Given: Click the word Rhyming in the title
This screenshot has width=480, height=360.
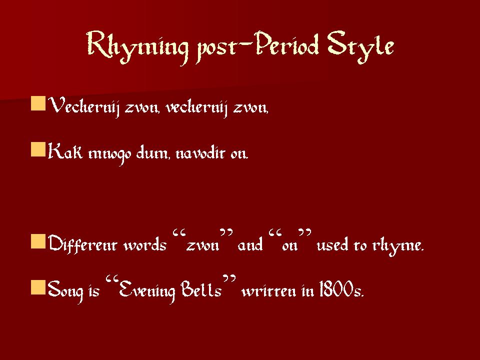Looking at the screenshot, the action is pyautogui.click(x=137, y=47).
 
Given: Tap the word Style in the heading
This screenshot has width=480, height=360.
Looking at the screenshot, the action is pyautogui.click(x=360, y=47).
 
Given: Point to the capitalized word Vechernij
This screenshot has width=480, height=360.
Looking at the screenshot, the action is pyautogui.click(x=84, y=106).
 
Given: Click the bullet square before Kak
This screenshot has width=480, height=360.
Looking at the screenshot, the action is pyautogui.click(x=38, y=149).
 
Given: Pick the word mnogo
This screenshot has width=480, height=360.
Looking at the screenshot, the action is pyautogui.click(x=109, y=154).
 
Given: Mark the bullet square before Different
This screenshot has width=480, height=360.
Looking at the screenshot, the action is pyautogui.click(x=38, y=241).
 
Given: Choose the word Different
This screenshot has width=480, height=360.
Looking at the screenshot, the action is pyautogui.click(x=82, y=244).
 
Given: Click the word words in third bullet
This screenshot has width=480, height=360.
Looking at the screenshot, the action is pyautogui.click(x=145, y=245).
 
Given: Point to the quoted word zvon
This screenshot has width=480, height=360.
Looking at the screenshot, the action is pyautogui.click(x=203, y=245).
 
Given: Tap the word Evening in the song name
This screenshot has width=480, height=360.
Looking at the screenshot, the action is pyautogui.click(x=146, y=289).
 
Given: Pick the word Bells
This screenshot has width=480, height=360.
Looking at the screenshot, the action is pyautogui.click(x=201, y=289).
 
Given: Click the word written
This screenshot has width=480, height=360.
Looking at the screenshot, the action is pyautogui.click(x=269, y=290).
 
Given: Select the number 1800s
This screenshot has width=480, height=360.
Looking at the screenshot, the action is pyautogui.click(x=341, y=289).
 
